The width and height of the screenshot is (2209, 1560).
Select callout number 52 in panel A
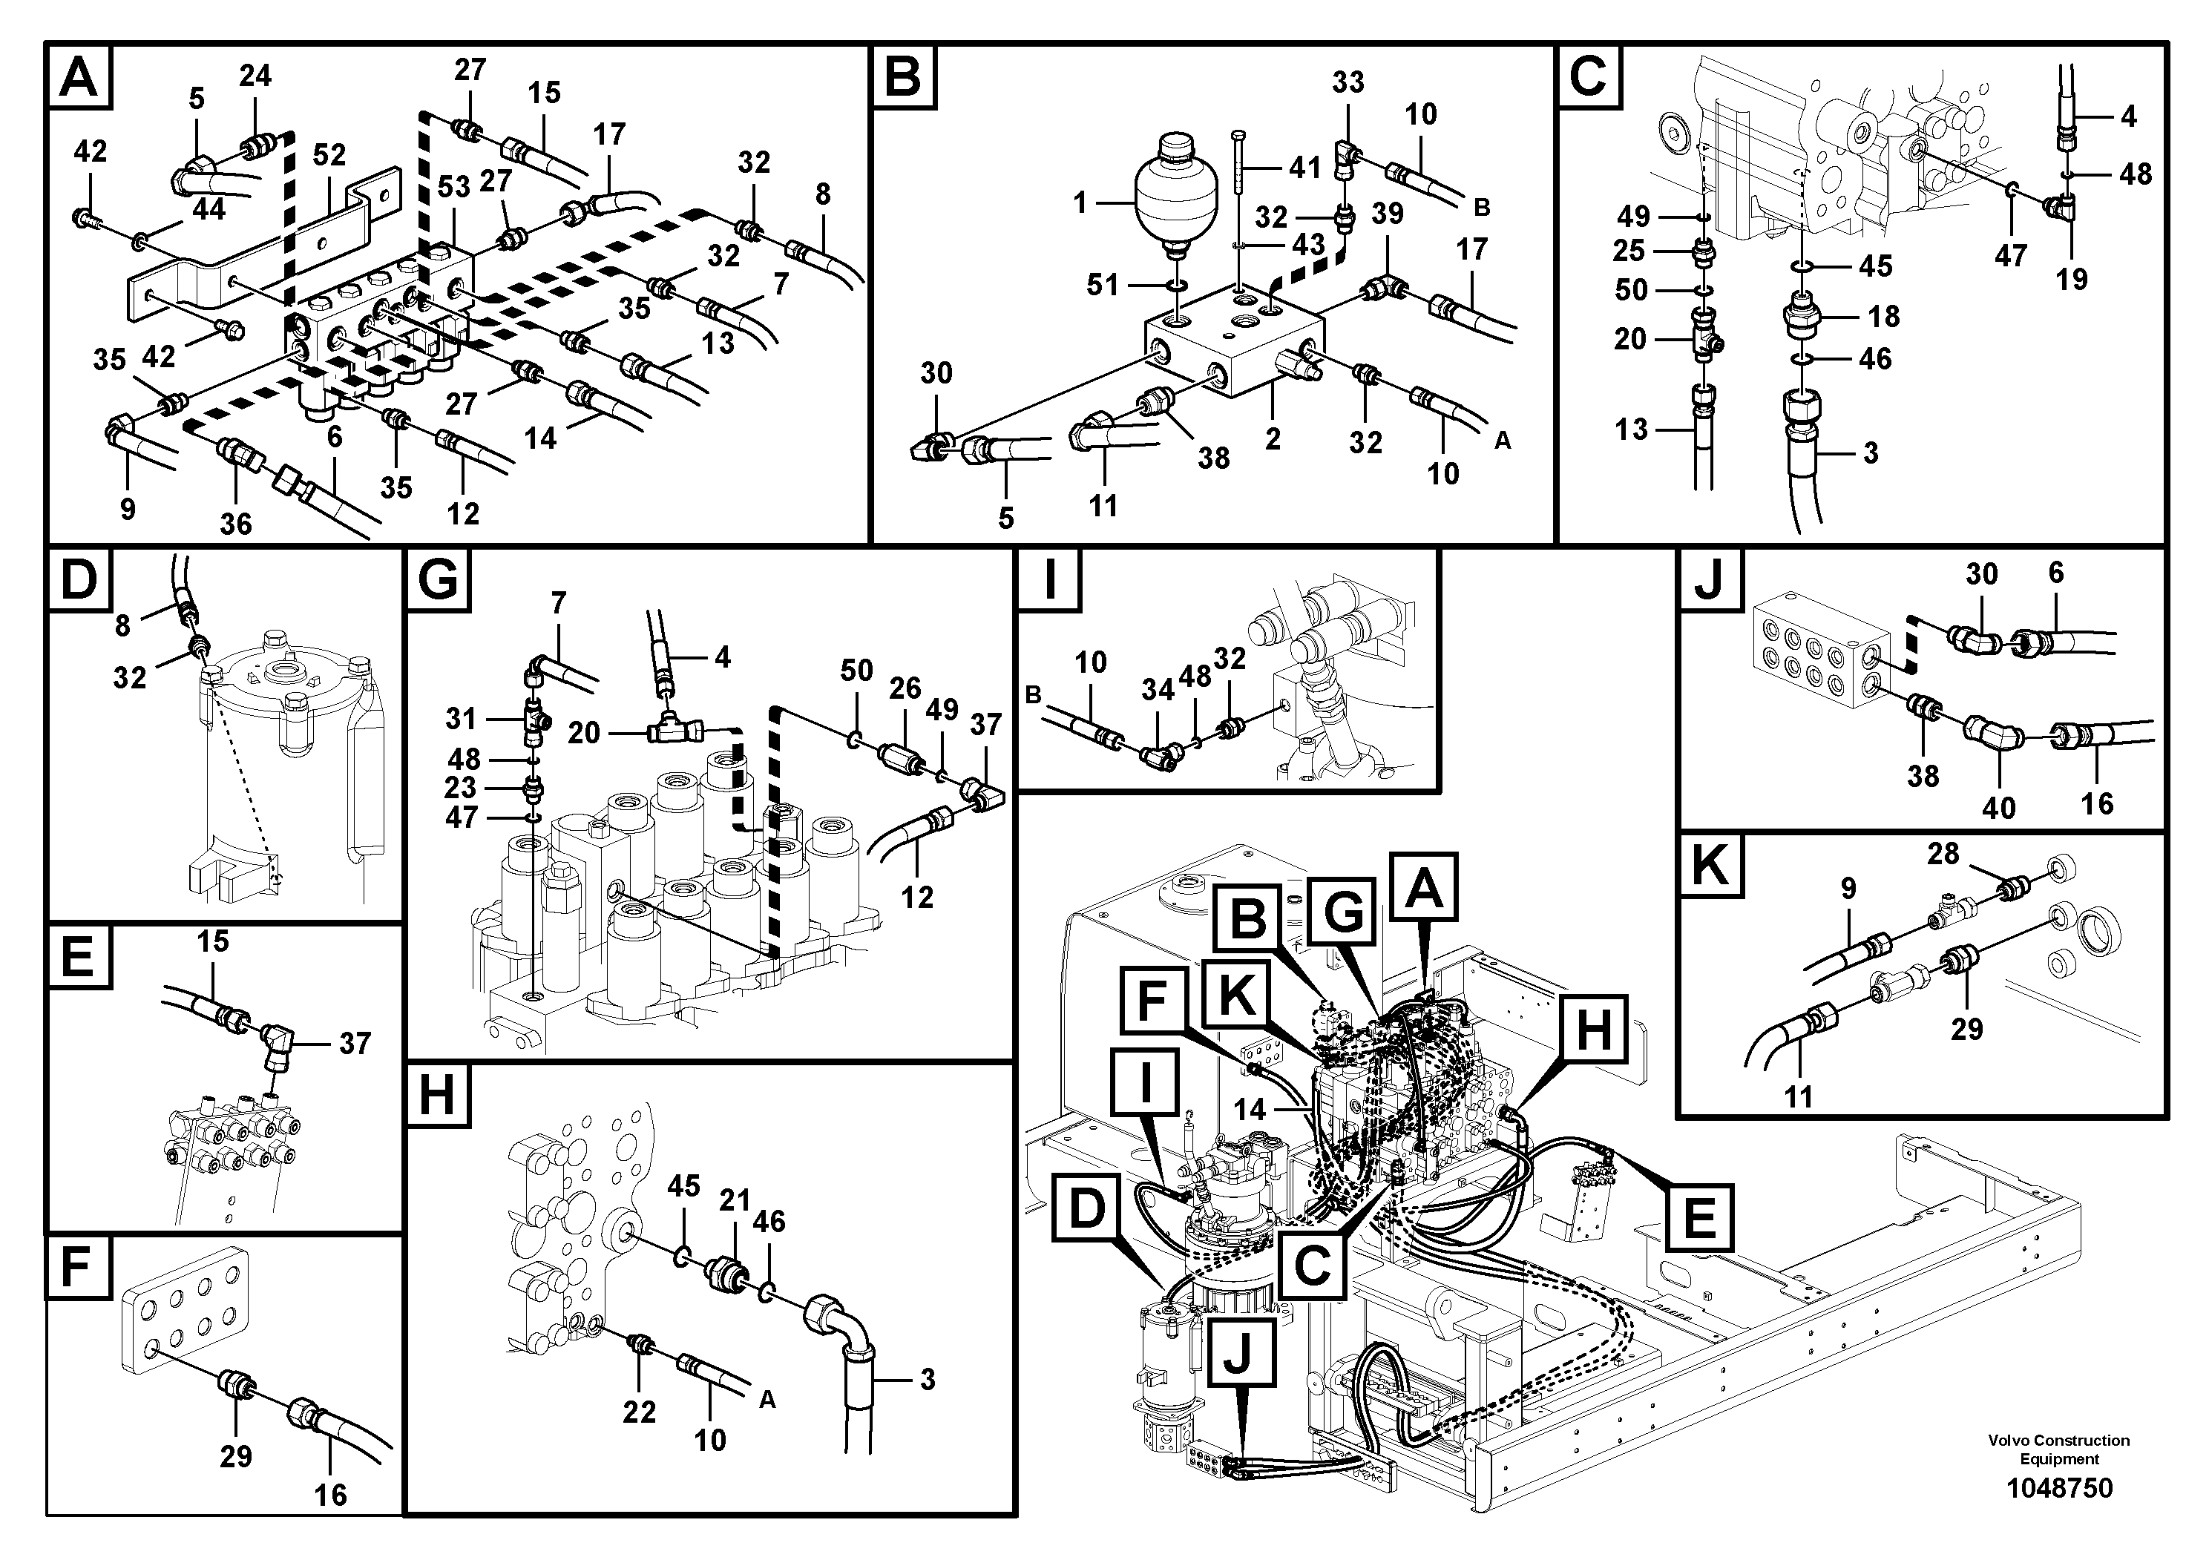(x=329, y=156)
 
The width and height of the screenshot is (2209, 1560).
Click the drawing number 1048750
(x=2059, y=1488)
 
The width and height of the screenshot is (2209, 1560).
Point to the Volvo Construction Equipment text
(x=2059, y=1449)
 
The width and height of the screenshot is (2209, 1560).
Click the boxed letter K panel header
(x=1710, y=866)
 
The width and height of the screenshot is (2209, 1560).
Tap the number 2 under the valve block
(x=1273, y=440)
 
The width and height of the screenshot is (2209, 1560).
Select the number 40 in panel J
(x=1998, y=807)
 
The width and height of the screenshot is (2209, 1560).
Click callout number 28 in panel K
(x=1943, y=853)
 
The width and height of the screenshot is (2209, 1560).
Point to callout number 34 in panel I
(x=1158, y=690)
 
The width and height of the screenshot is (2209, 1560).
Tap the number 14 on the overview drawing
(x=1250, y=1110)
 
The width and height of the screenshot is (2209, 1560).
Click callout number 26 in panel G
(x=905, y=688)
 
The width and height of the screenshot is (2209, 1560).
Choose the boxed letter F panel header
(x=77, y=1268)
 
